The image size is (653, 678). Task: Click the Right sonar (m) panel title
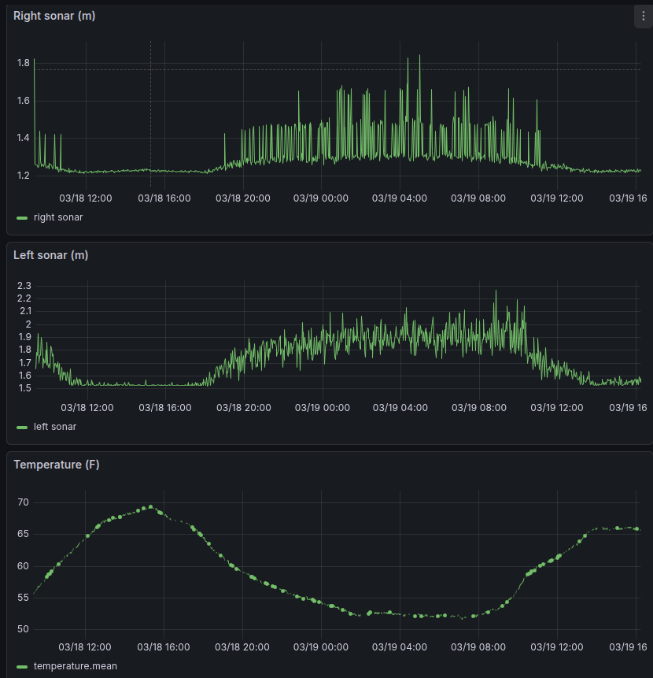(54, 16)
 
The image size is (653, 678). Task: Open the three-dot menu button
(644, 16)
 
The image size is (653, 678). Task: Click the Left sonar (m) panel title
(50, 255)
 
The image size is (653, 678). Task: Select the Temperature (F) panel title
(57, 465)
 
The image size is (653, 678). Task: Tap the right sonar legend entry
(57, 217)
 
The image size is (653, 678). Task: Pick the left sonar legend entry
(55, 427)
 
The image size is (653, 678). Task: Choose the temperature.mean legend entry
(75, 666)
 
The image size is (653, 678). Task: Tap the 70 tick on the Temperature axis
(23, 502)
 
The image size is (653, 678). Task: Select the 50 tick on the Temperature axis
(23, 629)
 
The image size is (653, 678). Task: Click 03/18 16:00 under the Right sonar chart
(164, 198)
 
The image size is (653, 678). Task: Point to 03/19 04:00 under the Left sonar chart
(400, 407)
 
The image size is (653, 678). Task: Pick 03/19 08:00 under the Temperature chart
(478, 647)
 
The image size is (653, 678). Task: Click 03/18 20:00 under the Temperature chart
(242, 647)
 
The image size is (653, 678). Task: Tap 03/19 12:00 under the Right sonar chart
(556, 198)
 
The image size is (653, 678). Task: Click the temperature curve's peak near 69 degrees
(151, 507)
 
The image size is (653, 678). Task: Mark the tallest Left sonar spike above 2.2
(496, 291)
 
